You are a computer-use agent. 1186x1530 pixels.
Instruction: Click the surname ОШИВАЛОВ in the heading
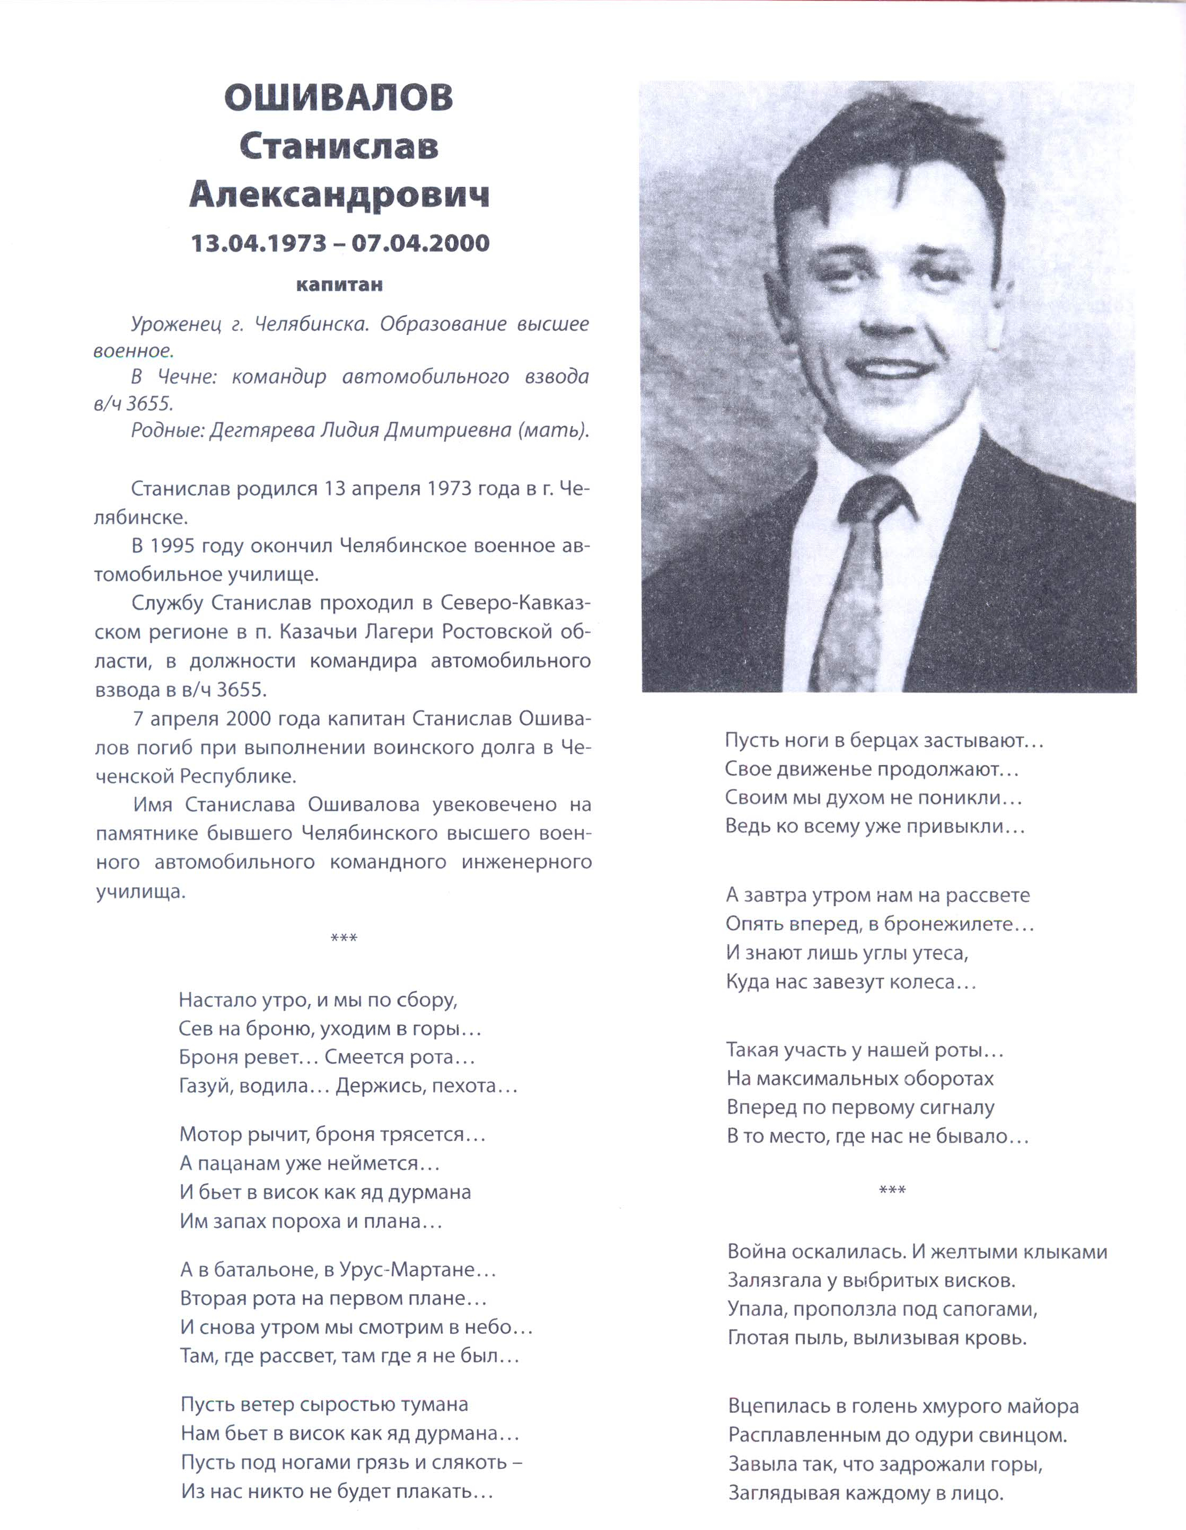coord(339,98)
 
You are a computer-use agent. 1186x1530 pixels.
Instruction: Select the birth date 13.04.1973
coord(259,243)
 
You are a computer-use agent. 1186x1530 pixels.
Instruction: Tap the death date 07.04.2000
coord(420,243)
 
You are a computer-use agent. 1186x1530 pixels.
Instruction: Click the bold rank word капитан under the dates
coord(339,285)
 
